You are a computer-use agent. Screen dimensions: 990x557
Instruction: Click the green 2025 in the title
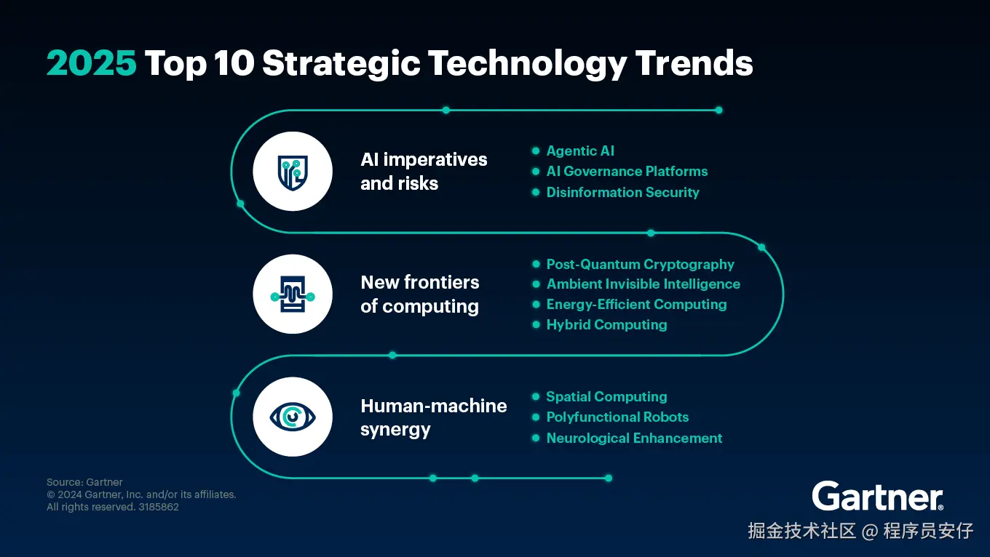[92, 63]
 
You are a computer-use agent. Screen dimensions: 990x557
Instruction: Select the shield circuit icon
[293, 172]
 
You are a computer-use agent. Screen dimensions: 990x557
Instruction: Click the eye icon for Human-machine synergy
[293, 417]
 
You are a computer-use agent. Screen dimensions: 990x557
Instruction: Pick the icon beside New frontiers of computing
[293, 294]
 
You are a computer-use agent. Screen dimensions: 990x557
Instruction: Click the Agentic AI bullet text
[580, 151]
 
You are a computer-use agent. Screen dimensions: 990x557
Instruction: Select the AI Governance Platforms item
[627, 172]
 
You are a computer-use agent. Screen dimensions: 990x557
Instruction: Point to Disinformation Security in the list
[622, 193]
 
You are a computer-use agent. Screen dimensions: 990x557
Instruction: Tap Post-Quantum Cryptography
[641, 265]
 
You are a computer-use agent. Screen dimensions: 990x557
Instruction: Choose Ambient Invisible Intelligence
[643, 284]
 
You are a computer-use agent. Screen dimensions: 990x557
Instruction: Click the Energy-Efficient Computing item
[636, 305]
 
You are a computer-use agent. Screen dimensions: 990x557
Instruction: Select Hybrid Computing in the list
[607, 325]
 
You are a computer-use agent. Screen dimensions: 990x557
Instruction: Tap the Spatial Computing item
[607, 397]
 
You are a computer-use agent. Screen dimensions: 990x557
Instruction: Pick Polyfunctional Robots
[617, 417]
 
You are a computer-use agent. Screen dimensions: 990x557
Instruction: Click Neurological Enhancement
[634, 438]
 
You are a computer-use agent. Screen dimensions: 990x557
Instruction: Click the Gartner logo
[878, 496]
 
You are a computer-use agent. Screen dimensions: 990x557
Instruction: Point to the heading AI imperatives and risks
[424, 172]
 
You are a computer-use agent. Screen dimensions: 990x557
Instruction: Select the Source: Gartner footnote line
[84, 482]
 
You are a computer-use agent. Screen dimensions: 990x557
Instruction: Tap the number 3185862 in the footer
[159, 507]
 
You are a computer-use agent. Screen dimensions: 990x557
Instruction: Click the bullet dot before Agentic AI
[536, 151]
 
